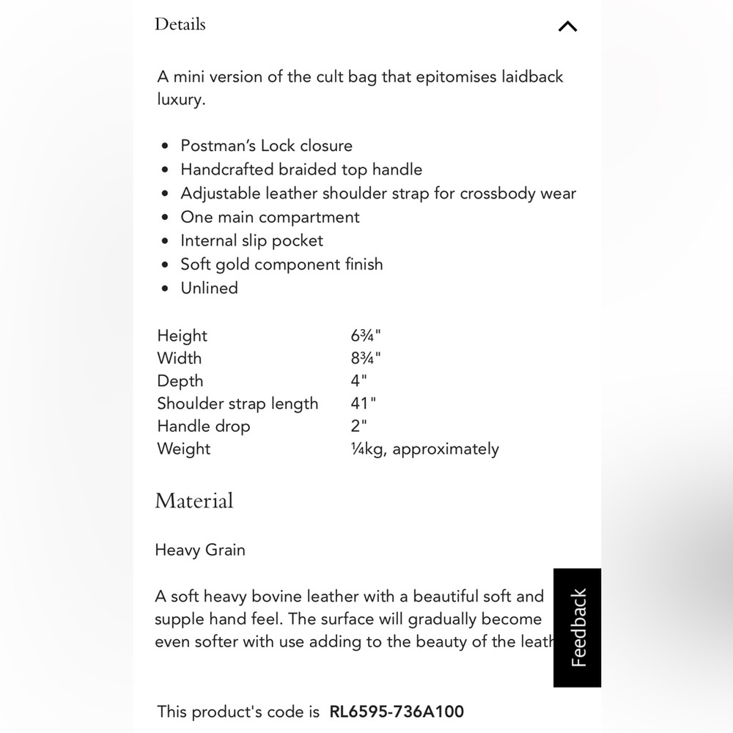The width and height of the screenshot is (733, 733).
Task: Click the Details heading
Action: pos(180,24)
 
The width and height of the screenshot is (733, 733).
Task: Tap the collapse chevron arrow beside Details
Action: pos(567,26)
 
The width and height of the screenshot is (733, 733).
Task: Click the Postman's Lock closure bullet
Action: pos(266,145)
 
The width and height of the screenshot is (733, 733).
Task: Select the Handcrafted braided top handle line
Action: pos(301,169)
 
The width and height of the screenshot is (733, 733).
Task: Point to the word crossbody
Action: pos(497,194)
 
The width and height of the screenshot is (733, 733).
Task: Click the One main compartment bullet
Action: pos(270,217)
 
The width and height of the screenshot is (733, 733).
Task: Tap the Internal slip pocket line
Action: pos(251,240)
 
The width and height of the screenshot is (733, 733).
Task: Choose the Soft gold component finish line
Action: pos(281,264)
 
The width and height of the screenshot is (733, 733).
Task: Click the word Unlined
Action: pos(210,288)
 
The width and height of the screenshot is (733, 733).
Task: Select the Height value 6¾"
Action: pos(366,336)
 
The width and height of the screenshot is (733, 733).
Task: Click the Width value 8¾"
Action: pos(366,358)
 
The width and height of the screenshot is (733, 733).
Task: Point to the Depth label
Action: pos(180,381)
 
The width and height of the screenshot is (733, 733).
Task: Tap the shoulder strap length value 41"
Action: pos(364,404)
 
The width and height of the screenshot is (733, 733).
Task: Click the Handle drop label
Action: pos(203,427)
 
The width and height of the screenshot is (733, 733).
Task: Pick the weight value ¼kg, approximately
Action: pos(424,449)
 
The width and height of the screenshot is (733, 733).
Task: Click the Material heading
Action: pos(194,501)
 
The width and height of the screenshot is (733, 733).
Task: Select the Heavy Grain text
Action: pos(200,550)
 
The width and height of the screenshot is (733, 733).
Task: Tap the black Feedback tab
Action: pos(578,627)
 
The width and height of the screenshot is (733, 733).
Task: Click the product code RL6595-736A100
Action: pos(397,711)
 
